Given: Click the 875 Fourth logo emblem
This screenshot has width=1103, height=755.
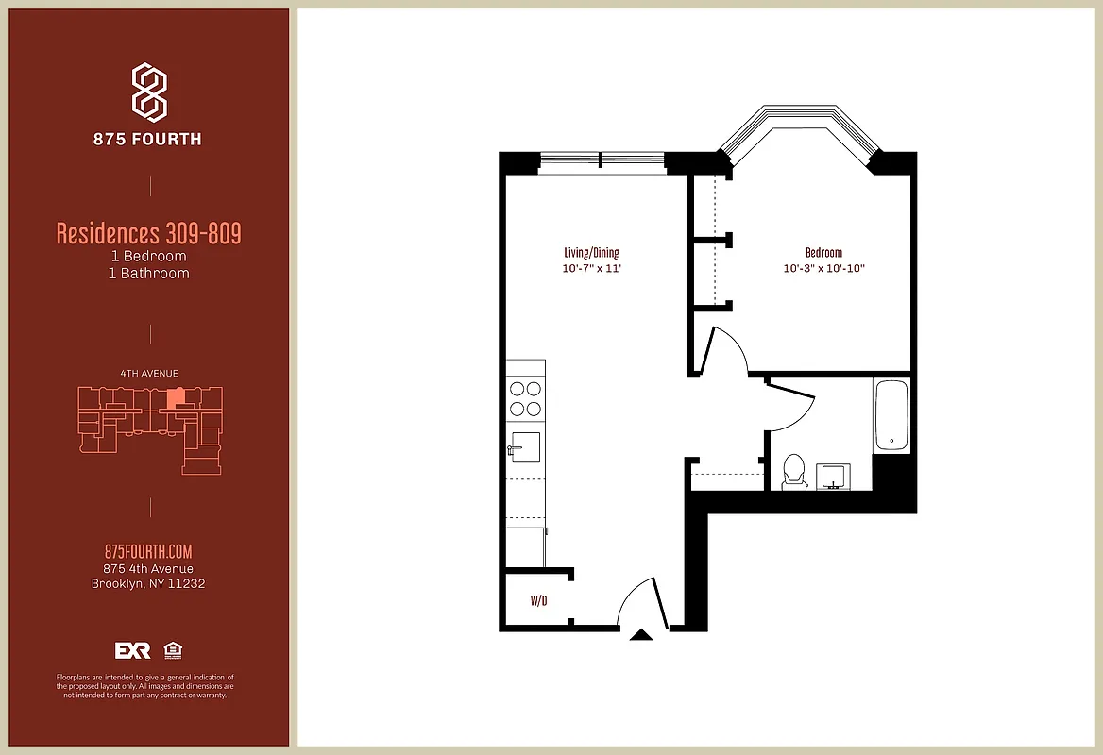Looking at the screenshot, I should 149,92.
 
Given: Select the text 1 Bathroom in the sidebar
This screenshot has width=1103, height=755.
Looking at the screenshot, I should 148,274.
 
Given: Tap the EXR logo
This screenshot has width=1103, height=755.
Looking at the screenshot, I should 132,650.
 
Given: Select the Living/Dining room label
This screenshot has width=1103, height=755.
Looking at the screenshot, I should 591,253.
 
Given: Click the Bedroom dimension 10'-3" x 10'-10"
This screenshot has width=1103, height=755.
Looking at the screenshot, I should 823,269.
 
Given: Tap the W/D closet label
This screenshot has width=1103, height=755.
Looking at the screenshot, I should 539,600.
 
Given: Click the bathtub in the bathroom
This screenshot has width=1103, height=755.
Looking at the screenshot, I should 891,416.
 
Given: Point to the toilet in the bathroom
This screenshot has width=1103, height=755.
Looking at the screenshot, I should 793,472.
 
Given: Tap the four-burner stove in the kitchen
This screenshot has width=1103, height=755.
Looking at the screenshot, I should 525,398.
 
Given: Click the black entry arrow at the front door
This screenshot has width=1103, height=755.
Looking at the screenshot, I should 641,635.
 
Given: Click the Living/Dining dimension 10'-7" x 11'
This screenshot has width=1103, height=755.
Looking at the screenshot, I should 591,269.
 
